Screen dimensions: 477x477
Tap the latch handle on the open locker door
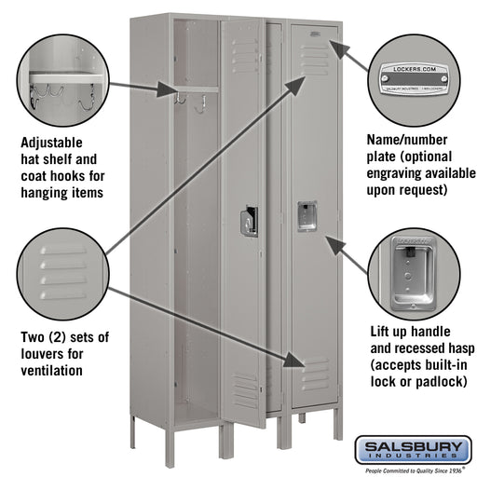[x=249, y=221]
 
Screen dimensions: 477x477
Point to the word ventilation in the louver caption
[x=51, y=370]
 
